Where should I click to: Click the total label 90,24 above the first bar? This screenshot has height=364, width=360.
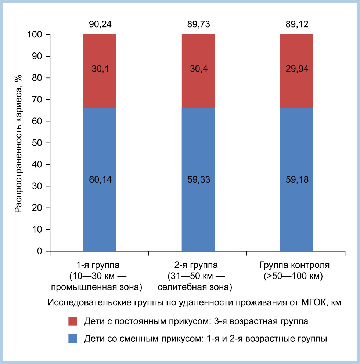pos(100,24)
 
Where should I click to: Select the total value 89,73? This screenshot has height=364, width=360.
pos(198,24)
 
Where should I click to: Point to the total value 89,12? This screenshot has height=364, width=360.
pos(297,24)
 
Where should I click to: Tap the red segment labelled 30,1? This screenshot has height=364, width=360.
pos(100,71)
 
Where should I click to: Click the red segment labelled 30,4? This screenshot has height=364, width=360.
pos(198,71)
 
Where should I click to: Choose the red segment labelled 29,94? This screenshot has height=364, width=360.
pos(296,71)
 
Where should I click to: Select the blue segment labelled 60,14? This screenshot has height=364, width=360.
pos(100,180)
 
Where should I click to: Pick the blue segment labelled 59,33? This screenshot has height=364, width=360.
pos(198,180)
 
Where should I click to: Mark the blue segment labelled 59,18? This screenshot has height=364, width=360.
pos(296,180)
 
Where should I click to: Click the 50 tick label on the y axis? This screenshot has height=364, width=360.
pos(37,143)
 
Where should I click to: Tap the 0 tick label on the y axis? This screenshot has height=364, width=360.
pos(40,251)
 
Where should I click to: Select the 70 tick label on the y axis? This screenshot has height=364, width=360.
pos(37,99)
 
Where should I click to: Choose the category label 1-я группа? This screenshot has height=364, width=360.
pos(98,265)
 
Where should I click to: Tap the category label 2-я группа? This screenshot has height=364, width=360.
pos(196,265)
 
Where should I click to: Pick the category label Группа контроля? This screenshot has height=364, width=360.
pos(295,265)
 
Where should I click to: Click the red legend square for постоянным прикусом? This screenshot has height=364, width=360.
pos(73,321)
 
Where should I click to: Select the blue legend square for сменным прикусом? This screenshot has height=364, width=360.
pos(73,339)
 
